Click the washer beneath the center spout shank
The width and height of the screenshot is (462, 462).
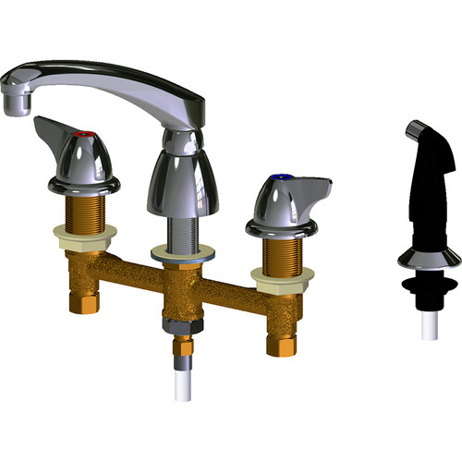click(180, 252)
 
